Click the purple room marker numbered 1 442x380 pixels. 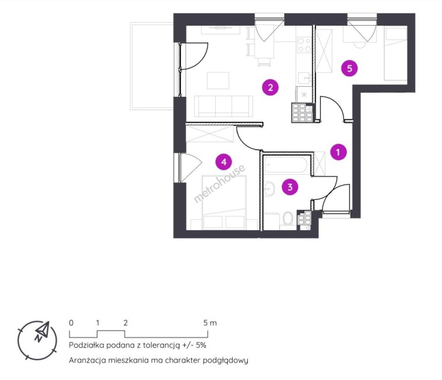338,152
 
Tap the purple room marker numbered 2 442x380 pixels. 270,87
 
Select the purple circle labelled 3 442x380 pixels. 290,187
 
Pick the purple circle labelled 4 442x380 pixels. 224,162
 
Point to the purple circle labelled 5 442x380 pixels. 349,69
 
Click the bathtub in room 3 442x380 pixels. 286,165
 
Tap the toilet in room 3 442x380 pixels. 288,218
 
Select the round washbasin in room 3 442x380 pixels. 269,189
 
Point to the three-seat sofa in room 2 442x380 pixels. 224,106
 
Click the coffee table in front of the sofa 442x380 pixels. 218,81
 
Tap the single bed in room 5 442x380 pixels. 395,54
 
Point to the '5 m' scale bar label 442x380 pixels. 210,323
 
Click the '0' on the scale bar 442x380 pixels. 71,323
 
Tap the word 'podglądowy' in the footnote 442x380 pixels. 225,361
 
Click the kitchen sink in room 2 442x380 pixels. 305,78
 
